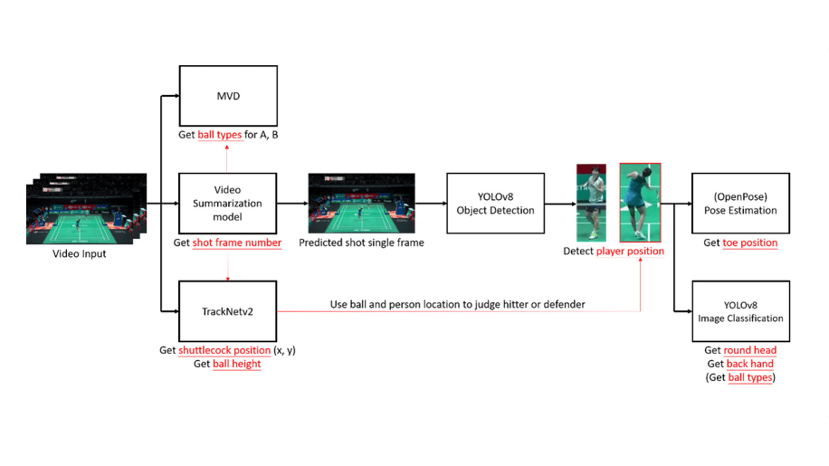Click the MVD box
tap(228, 96)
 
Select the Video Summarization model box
tap(228, 203)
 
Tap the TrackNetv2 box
tap(228, 311)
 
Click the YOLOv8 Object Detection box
tap(495, 203)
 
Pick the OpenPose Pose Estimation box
tap(740, 203)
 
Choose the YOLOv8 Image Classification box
tap(740, 311)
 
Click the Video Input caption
tap(79, 254)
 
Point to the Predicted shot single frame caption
tap(361, 242)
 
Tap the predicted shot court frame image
tap(361, 203)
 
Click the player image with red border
tap(640, 202)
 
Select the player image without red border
tap(591, 202)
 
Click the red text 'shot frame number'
tap(237, 242)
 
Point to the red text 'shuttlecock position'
tap(225, 350)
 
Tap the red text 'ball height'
tap(237, 364)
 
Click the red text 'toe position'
tap(750, 242)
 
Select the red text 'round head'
tap(750, 350)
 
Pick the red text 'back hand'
tap(750, 364)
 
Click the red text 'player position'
tap(630, 251)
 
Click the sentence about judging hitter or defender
tap(457, 304)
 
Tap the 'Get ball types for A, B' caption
tap(228, 135)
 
